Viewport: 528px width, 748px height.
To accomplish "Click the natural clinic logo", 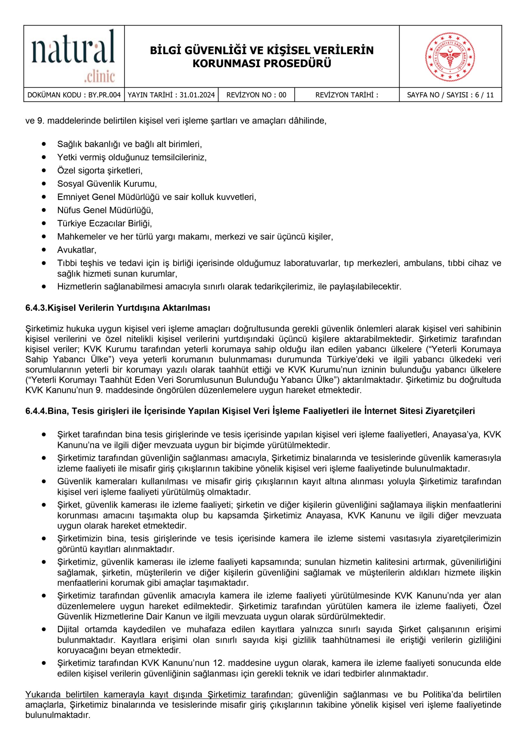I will (x=74, y=56).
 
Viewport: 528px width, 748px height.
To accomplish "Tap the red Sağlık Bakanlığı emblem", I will (x=450, y=57).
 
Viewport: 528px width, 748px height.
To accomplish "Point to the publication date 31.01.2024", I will (x=197, y=95).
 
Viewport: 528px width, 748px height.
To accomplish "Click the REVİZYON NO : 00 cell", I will (x=256, y=95).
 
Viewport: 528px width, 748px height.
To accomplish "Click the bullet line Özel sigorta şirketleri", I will (x=100, y=170).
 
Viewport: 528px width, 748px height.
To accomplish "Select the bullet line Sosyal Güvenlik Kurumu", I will (x=107, y=184).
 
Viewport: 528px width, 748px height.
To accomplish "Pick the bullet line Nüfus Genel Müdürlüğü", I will (x=105, y=210).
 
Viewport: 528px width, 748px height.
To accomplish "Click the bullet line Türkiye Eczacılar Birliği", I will (x=104, y=224).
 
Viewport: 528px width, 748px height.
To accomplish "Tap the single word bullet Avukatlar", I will (x=77, y=250).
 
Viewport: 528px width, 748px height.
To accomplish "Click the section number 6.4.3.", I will (x=36, y=308).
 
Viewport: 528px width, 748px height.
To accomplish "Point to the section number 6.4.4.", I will (x=36, y=411).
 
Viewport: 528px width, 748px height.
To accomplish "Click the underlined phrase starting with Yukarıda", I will (x=158, y=695).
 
